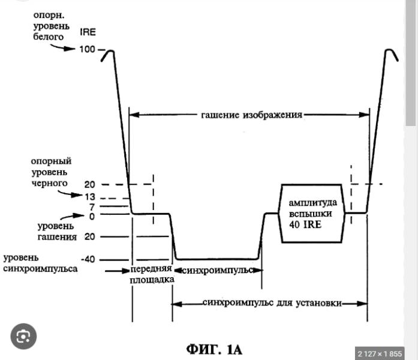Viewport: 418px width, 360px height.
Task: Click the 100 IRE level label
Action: point(89,49)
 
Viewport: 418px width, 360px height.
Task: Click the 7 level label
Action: point(91,207)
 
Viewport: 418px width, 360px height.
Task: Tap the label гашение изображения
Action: point(251,115)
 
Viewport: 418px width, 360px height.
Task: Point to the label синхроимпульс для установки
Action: point(272,303)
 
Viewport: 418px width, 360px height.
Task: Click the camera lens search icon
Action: point(23,337)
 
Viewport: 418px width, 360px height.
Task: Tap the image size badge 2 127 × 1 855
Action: point(379,353)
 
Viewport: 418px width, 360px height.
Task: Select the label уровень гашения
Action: point(57,232)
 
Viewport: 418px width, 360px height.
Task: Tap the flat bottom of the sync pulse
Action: point(216,259)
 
